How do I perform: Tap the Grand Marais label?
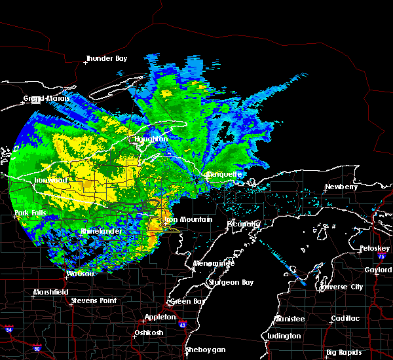click(x=43, y=99)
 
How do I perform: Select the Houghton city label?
click(x=152, y=139)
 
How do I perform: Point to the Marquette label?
click(x=224, y=175)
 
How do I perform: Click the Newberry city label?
click(x=342, y=187)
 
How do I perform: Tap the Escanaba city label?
click(x=244, y=224)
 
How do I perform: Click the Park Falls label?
click(x=29, y=213)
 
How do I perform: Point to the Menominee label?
click(x=214, y=263)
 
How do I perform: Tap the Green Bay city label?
click(x=184, y=302)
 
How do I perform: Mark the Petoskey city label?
click(x=375, y=249)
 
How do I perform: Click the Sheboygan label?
click(x=204, y=350)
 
